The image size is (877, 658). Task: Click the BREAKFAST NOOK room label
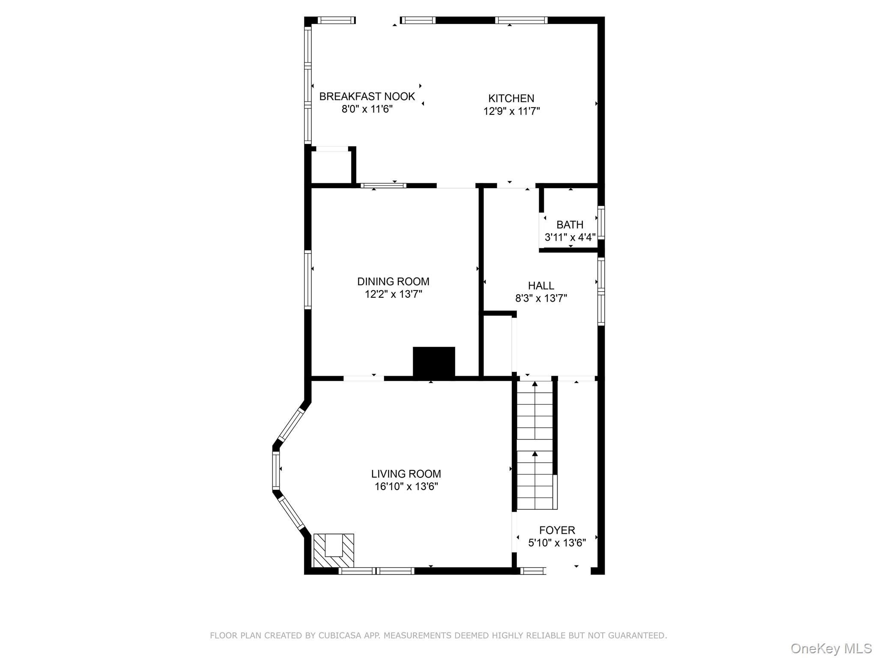tap(367, 96)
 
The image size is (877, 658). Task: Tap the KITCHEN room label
tap(511, 98)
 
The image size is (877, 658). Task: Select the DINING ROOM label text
tap(393, 281)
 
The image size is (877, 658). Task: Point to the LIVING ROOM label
tap(406, 474)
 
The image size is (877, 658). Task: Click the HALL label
tap(541, 285)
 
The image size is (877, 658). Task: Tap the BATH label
tap(570, 224)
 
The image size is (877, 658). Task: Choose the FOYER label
tap(557, 530)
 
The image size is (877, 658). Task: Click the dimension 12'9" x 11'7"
tap(511, 111)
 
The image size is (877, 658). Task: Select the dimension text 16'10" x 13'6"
tap(406, 487)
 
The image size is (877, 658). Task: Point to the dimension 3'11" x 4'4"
tap(570, 237)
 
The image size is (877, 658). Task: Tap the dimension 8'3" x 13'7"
tap(541, 298)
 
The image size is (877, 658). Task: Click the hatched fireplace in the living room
tap(334, 550)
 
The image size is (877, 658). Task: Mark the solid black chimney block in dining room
tap(433, 362)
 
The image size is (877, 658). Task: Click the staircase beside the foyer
tap(535, 446)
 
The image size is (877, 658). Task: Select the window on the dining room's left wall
tap(307, 280)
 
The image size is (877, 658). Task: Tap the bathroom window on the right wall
tap(601, 222)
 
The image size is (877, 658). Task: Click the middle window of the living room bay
tap(276, 470)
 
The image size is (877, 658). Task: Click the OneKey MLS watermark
tap(831, 648)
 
